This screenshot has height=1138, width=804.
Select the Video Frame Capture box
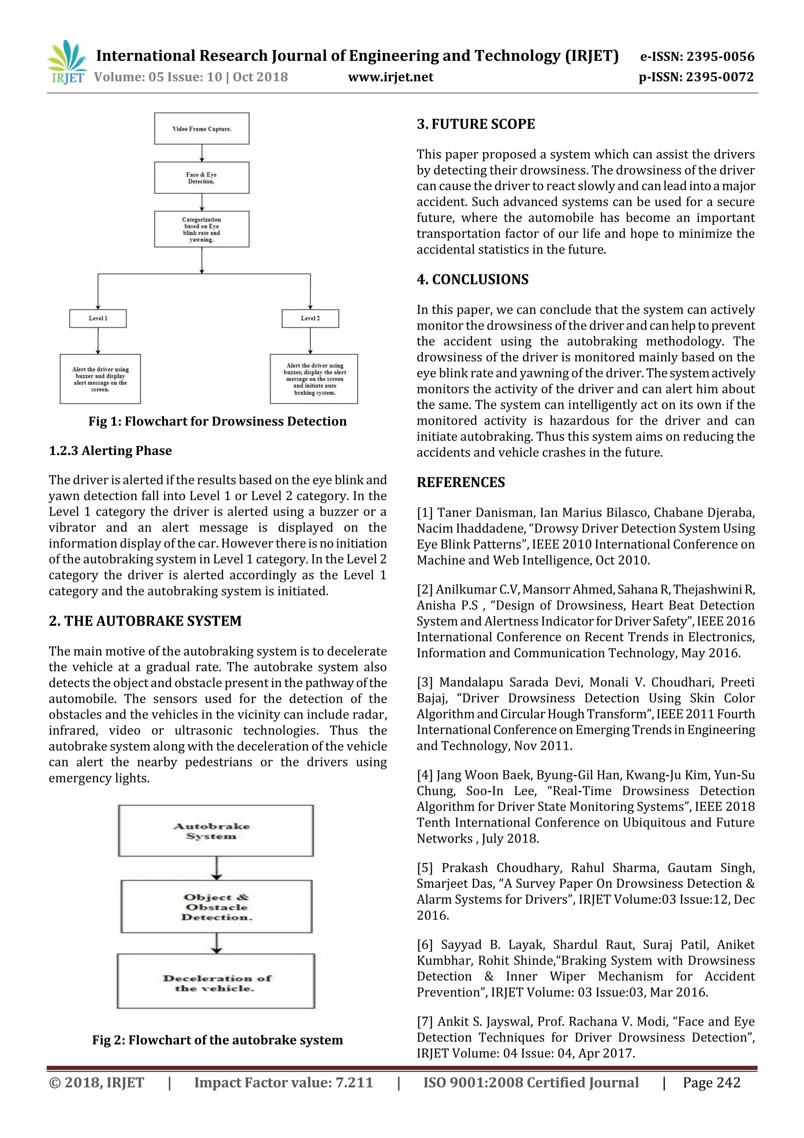(x=202, y=128)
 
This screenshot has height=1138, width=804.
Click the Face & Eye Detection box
(x=202, y=178)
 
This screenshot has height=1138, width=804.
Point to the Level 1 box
(x=98, y=318)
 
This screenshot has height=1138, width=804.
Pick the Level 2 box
(x=310, y=318)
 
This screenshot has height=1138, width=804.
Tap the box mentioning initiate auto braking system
(x=314, y=379)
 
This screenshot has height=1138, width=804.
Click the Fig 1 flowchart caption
(x=217, y=421)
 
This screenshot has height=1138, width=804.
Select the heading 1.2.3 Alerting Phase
(x=110, y=451)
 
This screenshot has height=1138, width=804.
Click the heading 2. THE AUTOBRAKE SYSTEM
(x=145, y=621)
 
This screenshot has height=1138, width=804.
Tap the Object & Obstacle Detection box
(x=216, y=907)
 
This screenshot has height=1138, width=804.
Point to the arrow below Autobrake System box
(x=216, y=868)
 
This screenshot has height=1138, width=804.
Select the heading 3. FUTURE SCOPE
(x=475, y=124)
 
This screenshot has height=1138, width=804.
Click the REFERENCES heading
(x=461, y=482)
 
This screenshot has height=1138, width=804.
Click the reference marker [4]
(x=424, y=775)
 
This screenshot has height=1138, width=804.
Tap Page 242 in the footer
(x=711, y=1083)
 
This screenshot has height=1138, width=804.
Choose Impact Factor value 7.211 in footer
(x=283, y=1083)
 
